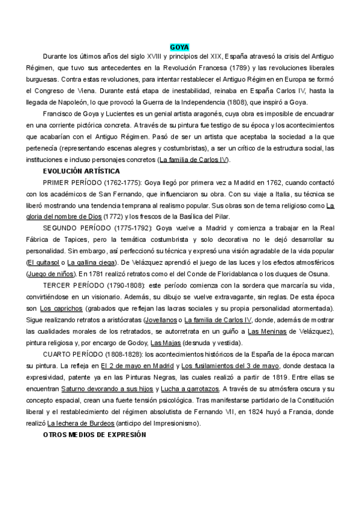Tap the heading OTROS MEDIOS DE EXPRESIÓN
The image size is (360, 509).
tap(95, 434)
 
